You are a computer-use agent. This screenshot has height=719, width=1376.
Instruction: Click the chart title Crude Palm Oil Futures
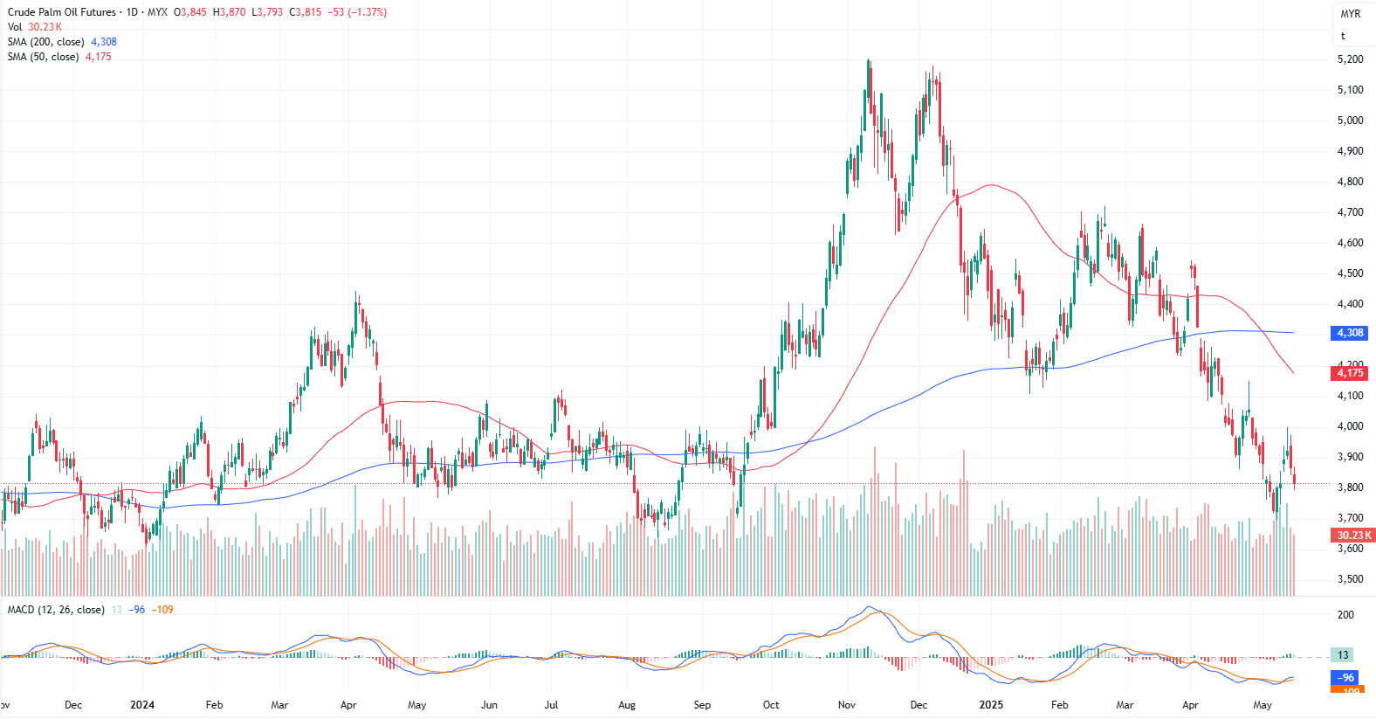(61, 12)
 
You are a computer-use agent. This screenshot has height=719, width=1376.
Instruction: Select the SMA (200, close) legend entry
(45, 42)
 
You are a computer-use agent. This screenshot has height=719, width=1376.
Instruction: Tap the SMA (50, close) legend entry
(43, 57)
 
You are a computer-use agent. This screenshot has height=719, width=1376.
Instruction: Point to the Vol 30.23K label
(35, 27)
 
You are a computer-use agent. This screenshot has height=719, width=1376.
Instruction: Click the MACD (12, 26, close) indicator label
(56, 610)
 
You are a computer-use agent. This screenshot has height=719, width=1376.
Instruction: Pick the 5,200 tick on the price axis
(1350, 59)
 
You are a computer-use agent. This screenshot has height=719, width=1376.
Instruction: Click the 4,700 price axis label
(1350, 212)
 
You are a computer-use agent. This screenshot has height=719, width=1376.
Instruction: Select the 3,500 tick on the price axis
(1350, 579)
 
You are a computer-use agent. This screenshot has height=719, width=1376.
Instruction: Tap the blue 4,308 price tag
(1350, 333)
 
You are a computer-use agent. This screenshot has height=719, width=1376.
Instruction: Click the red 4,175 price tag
(1350, 373)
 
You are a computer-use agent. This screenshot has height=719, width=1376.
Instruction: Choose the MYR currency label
(1350, 14)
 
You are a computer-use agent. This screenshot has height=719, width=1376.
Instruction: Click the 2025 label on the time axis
(991, 705)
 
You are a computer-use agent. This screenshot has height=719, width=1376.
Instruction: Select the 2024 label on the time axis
(142, 705)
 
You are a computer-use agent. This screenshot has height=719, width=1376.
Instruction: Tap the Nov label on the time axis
(846, 705)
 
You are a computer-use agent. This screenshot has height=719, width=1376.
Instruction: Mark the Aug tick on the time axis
(627, 705)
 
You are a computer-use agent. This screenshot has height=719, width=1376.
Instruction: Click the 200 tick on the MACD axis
(1345, 615)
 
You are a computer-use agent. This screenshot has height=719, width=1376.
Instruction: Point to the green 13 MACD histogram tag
(1343, 655)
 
